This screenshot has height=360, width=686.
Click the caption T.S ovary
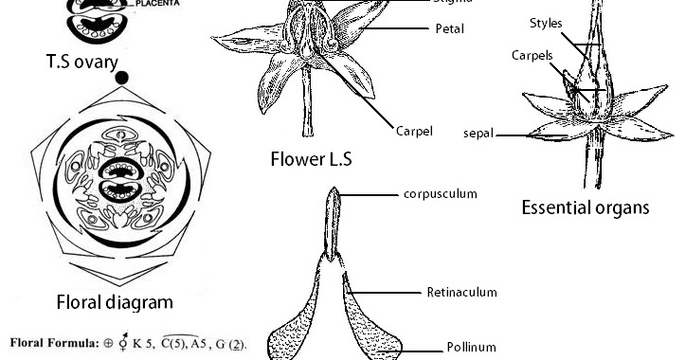tap(82, 63)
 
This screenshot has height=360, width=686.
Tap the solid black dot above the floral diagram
tap(121, 78)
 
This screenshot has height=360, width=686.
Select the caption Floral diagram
tap(114, 302)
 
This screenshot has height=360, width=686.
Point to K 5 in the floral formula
tap(137, 343)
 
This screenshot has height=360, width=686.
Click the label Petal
tap(449, 29)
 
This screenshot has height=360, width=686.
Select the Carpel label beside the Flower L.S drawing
tap(414, 131)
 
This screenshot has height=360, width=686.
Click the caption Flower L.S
tap(311, 158)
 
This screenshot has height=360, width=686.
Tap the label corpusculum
tap(440, 194)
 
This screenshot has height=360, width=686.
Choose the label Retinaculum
tap(461, 293)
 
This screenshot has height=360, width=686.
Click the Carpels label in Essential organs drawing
tap(532, 56)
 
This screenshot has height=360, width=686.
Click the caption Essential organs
tap(585, 207)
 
